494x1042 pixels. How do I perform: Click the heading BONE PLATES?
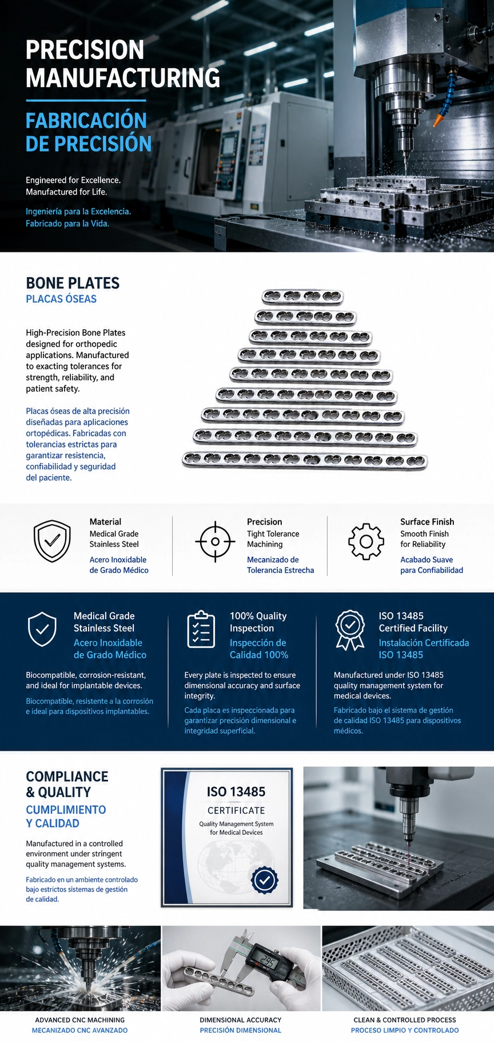click(x=73, y=283)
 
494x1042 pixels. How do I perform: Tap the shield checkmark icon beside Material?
click(x=52, y=541)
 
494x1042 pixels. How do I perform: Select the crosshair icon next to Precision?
click(x=215, y=541)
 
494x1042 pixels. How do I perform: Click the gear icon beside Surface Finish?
click(x=366, y=541)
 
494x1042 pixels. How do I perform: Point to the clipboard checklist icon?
click(x=201, y=629)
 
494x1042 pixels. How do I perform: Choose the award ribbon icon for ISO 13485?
click(x=350, y=630)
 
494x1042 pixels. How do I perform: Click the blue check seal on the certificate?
click(x=264, y=880)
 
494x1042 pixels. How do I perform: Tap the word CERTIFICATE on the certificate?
click(x=236, y=811)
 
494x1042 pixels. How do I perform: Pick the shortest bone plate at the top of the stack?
click(x=302, y=296)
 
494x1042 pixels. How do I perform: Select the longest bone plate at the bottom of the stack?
click(x=305, y=460)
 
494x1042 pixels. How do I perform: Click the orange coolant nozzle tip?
click(x=438, y=120)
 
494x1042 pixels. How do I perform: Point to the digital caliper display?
click(x=266, y=962)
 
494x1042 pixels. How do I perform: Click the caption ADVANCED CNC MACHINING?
click(x=80, y=1020)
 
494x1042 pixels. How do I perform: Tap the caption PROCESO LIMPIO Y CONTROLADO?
click(x=405, y=1030)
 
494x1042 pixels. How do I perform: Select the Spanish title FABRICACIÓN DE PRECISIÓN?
click(x=89, y=132)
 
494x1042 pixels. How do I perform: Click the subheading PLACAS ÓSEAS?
click(x=61, y=299)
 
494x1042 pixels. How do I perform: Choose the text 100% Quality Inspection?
click(x=258, y=622)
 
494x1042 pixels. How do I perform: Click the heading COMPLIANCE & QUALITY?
click(x=67, y=785)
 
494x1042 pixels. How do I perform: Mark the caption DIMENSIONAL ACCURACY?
click(x=241, y=1020)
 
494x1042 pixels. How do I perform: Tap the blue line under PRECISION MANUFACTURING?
click(x=86, y=101)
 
